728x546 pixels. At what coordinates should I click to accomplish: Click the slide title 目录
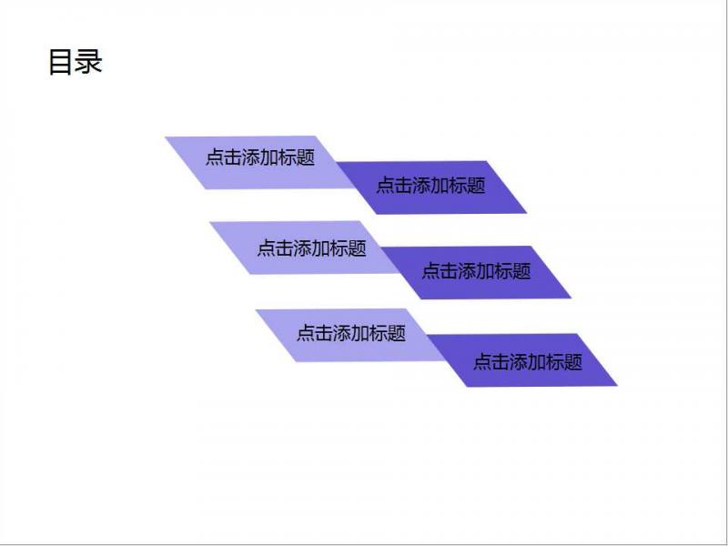(x=76, y=62)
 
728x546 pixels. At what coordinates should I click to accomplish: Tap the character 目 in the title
(x=60, y=62)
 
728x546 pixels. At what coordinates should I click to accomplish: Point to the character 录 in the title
(x=88, y=62)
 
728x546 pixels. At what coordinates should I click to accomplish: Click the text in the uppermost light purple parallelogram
(x=260, y=157)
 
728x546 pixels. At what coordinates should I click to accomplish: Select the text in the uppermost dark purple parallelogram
(x=430, y=185)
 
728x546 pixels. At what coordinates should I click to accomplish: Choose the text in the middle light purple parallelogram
(x=311, y=248)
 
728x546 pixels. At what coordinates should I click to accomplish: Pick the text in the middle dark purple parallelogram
(x=476, y=270)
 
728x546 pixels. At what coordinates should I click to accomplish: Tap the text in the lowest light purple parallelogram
(x=351, y=333)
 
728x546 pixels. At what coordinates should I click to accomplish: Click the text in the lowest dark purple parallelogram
(x=528, y=361)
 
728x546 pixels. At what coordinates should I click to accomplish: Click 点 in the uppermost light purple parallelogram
(x=215, y=157)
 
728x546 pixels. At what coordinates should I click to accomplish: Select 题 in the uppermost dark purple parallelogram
(x=476, y=185)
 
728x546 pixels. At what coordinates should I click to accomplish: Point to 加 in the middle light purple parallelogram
(x=321, y=248)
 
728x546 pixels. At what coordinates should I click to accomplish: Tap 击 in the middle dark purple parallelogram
(x=449, y=270)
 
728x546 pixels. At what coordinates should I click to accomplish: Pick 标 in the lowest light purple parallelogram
(x=379, y=333)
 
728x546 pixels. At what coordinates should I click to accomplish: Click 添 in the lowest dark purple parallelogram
(x=519, y=361)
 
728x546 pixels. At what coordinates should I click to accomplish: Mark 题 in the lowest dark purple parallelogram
(x=573, y=361)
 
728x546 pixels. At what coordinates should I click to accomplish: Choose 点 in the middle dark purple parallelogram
(x=430, y=270)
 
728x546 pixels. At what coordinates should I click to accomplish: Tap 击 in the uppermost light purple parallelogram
(x=233, y=157)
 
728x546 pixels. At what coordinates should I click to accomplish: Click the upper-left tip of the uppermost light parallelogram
(x=166, y=137)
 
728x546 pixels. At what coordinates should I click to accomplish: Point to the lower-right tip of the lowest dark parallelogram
(x=617, y=385)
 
